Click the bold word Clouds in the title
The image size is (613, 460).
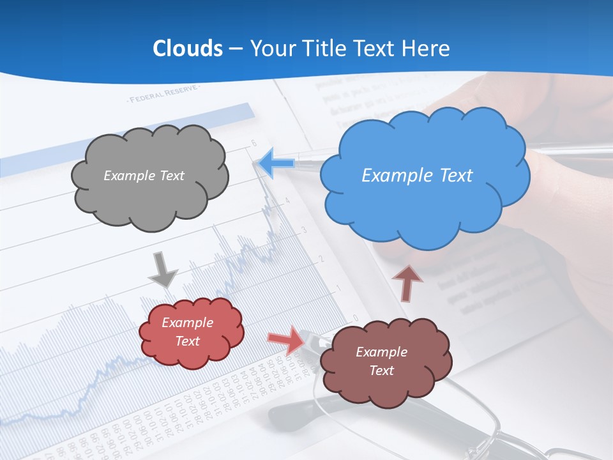coord(188,49)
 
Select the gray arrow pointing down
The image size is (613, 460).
coord(162,269)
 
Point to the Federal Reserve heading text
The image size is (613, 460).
coord(164,96)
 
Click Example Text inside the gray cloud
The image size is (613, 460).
coord(144,175)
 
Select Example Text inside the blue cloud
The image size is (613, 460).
coord(417,175)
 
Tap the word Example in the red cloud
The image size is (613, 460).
coord(187,323)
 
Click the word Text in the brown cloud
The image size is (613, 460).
coord(381,371)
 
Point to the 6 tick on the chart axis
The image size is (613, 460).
coord(254,142)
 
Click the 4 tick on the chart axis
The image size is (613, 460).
coord(288,201)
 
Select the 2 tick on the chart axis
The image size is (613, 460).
coord(321,259)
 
